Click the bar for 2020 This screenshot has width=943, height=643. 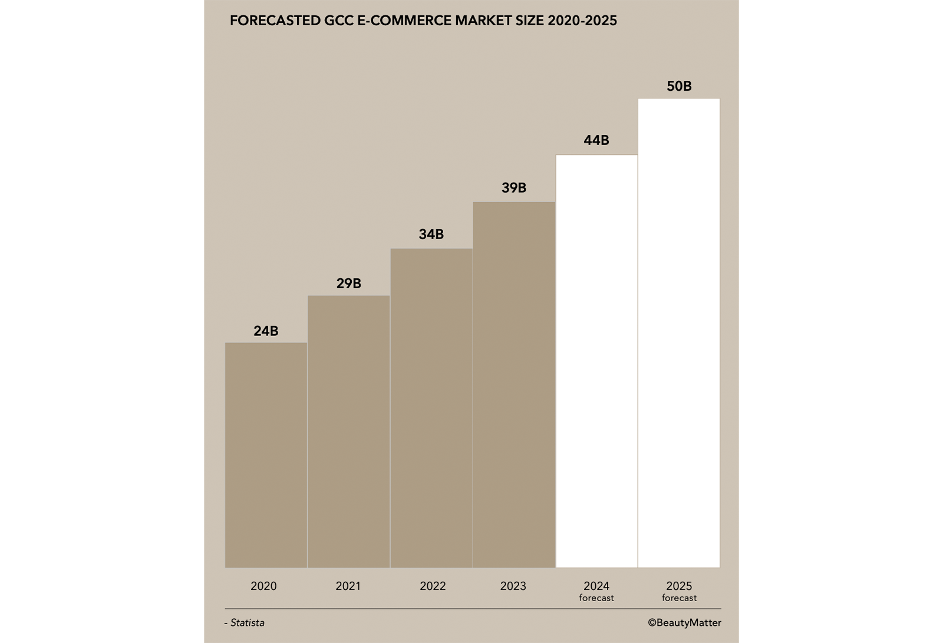pos(266,455)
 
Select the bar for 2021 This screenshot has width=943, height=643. pos(348,431)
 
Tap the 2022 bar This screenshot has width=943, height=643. pos(431,408)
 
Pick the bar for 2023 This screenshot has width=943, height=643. pos(514,385)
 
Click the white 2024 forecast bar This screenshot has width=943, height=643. pos(596,361)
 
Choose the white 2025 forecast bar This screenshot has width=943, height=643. pos(679,333)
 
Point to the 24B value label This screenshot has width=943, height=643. pos(266,331)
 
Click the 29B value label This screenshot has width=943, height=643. pos(348,283)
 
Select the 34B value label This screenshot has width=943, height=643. pos(431,235)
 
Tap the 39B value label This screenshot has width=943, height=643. pos(514,188)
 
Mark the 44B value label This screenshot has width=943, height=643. pos(596,140)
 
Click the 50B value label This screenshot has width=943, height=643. pos(679,86)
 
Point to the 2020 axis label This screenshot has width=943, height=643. pos(263,586)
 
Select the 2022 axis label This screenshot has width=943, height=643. pos(433,586)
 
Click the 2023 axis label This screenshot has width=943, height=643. pos(513,586)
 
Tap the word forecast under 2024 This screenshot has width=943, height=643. pos(596,598)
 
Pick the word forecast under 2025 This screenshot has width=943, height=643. pos(679,598)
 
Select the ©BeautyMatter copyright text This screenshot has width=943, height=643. pos(684,623)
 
